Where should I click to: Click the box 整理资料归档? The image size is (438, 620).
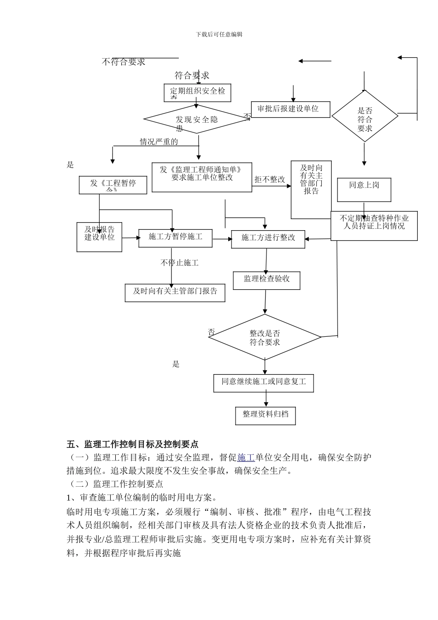point(265,415)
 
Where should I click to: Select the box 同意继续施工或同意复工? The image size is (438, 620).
point(264,382)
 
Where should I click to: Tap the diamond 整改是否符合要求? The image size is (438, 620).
point(265,337)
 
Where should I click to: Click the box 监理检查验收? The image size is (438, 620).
point(267,280)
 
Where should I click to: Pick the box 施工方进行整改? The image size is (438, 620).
point(268,238)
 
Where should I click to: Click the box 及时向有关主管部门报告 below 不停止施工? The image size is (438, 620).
point(175,292)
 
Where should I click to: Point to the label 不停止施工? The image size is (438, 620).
point(179,263)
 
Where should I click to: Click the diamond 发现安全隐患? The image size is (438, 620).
point(197,119)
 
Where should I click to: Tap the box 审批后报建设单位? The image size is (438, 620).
point(290,109)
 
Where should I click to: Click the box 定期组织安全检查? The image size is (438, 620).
point(197,92)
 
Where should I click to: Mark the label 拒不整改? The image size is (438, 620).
point(270,179)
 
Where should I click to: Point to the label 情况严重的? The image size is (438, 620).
point(159,142)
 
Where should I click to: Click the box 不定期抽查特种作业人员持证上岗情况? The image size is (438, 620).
point(374,226)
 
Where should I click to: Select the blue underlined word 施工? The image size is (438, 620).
point(246,458)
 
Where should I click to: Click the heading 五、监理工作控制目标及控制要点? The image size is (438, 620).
point(132,444)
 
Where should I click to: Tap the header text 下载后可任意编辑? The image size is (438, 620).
point(219,34)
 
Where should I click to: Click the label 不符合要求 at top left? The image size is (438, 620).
point(124,62)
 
